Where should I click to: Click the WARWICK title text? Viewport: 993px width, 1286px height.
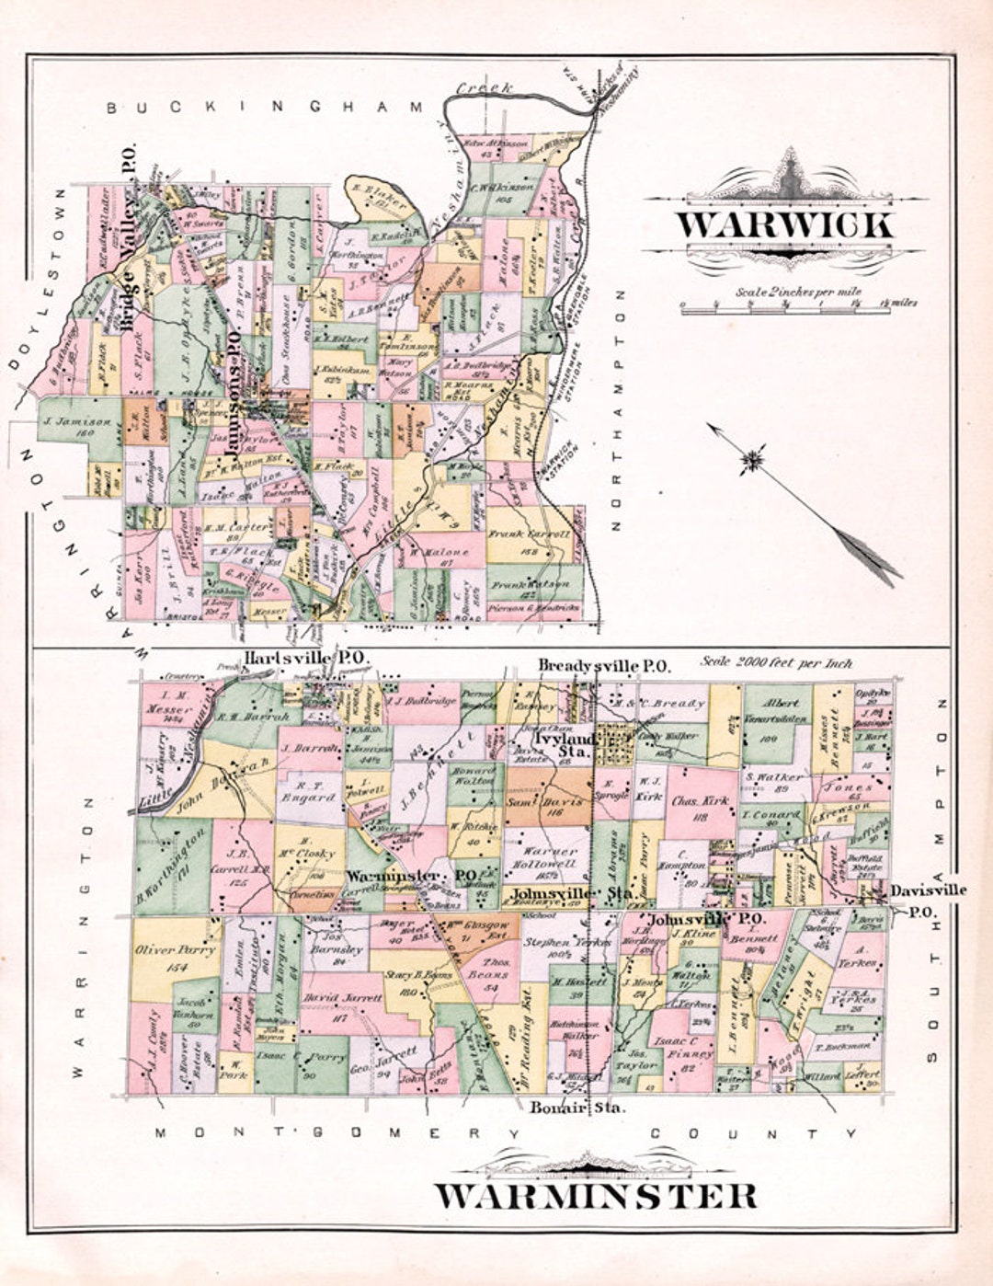784,225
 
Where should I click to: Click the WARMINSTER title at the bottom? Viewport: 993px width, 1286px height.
596,1196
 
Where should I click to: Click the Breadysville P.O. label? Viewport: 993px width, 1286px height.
604,665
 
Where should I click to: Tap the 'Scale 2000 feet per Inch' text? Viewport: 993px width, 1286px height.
776,662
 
